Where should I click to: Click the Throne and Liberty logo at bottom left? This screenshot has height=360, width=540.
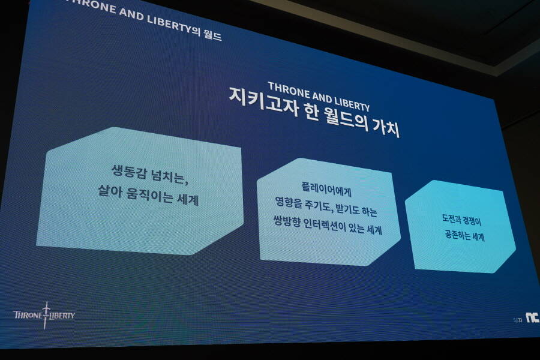[44, 315]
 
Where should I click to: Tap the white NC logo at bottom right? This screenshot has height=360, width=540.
[532, 317]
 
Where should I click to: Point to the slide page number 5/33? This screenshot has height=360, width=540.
[518, 320]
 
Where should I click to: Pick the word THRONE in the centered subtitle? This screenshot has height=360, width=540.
[288, 89]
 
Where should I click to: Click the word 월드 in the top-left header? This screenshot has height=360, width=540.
[212, 35]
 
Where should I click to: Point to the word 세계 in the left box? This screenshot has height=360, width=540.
[188, 199]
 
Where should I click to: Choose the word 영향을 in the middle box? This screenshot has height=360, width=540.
[289, 203]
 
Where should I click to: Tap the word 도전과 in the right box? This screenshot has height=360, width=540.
[451, 219]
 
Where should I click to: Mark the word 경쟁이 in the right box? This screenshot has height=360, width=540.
[472, 221]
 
